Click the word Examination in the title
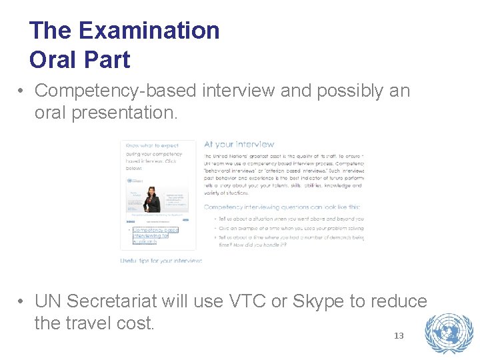pyautogui.click(x=149, y=31)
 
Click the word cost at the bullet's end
pyautogui.click(x=134, y=323)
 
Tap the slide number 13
pyautogui.click(x=399, y=335)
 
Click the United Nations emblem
pyautogui.click(x=449, y=333)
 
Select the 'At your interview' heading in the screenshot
pyautogui.click(x=239, y=144)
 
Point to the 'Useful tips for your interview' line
pyautogui.click(x=161, y=261)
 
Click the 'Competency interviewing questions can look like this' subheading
pyautogui.click(x=283, y=207)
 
